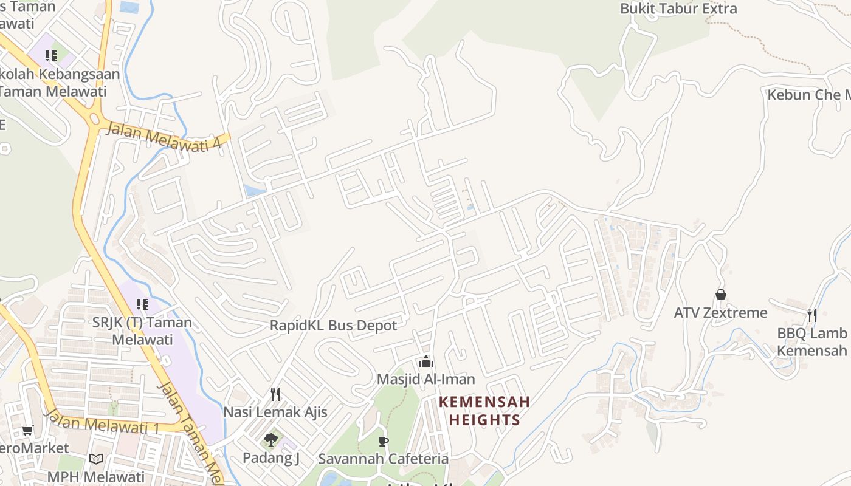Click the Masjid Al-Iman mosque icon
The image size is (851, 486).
[x=426, y=362]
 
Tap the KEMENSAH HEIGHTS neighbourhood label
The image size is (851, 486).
[x=484, y=411]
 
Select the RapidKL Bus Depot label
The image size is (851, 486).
[x=333, y=326]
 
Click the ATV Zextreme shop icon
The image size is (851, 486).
[x=721, y=295]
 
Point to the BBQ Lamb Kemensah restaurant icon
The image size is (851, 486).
[x=811, y=315]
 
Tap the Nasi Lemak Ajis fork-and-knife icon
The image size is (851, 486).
[x=275, y=394]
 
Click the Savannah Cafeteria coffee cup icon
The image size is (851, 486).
[x=383, y=441]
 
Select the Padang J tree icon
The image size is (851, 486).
[x=271, y=439]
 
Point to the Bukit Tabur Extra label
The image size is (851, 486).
[x=678, y=9]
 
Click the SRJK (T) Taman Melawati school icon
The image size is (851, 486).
[x=142, y=304]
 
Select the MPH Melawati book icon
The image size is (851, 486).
[x=95, y=459]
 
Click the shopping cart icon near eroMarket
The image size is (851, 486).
[x=27, y=431]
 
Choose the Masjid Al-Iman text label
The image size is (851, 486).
[x=425, y=379]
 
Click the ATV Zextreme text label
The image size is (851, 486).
[x=720, y=313]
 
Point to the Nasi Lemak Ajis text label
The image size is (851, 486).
[x=275, y=412]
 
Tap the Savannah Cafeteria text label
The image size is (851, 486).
[x=383, y=459]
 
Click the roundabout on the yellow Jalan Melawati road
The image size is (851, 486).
[x=94, y=119]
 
